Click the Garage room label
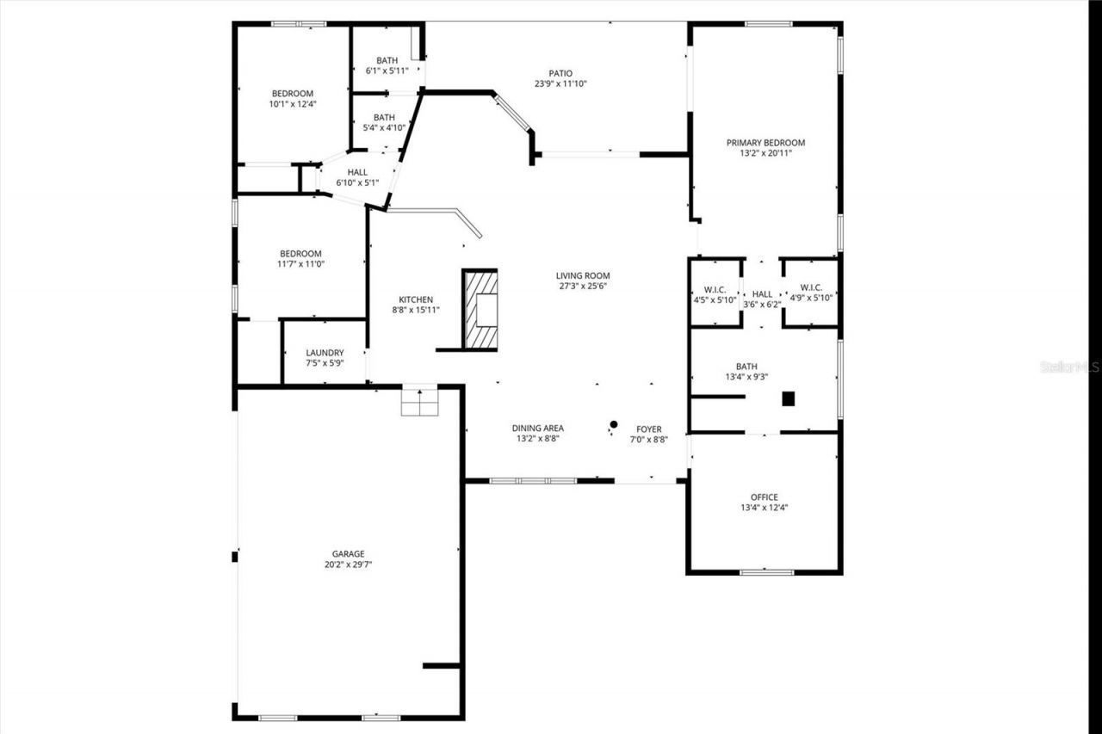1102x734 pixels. point(349,554)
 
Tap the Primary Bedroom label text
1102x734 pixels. point(765,143)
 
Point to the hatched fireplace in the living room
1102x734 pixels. point(480,309)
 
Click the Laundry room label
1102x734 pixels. point(325,353)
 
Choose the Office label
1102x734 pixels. point(764,497)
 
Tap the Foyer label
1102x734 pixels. point(649,429)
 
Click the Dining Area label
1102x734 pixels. point(538,429)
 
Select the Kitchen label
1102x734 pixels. point(415,299)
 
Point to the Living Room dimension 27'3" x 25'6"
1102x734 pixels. point(583,287)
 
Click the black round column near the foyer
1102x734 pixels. point(614,423)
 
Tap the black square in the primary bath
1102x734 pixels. point(788,398)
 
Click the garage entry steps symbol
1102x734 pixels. point(420,402)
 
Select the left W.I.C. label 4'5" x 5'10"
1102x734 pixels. point(715,294)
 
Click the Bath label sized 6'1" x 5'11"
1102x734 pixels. point(387,65)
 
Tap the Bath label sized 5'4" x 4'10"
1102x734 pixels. point(384,122)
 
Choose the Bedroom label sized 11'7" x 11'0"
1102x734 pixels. point(300,258)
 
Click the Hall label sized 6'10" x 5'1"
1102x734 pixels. point(357,177)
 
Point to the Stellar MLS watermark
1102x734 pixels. point(1070,367)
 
